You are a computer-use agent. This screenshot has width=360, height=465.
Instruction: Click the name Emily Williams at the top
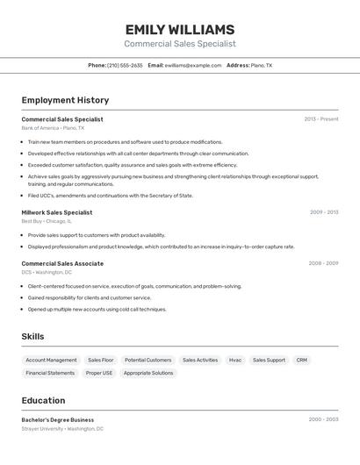click(x=179, y=29)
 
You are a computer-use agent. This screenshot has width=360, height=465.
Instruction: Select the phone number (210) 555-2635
click(x=125, y=65)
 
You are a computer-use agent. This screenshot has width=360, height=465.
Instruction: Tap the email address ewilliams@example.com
click(x=193, y=65)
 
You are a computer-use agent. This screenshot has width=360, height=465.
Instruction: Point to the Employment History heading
click(x=65, y=100)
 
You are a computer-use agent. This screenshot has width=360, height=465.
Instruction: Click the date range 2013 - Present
click(x=321, y=119)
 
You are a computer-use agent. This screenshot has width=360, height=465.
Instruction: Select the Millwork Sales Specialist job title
click(x=57, y=212)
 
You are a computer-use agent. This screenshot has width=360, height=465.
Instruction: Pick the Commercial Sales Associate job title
click(x=62, y=263)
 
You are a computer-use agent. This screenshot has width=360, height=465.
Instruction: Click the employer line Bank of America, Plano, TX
click(x=53, y=128)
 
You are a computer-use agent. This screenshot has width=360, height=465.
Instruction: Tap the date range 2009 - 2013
click(x=324, y=212)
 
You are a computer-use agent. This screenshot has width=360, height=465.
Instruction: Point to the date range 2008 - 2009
click(x=323, y=263)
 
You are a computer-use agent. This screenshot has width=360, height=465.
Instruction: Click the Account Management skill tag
click(x=51, y=360)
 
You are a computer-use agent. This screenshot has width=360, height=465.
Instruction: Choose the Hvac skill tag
click(x=235, y=360)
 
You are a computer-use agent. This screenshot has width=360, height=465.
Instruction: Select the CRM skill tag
click(x=302, y=360)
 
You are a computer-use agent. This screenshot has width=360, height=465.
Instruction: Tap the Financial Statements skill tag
click(x=50, y=373)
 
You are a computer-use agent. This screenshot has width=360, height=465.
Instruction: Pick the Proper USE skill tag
click(x=99, y=373)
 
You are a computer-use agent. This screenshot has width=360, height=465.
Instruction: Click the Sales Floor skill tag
click(x=101, y=360)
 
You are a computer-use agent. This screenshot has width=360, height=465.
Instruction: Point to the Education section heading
click(x=44, y=400)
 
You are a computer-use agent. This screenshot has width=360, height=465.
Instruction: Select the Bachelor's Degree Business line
click(x=58, y=419)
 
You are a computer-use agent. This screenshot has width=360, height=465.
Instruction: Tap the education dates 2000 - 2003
click(x=323, y=419)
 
